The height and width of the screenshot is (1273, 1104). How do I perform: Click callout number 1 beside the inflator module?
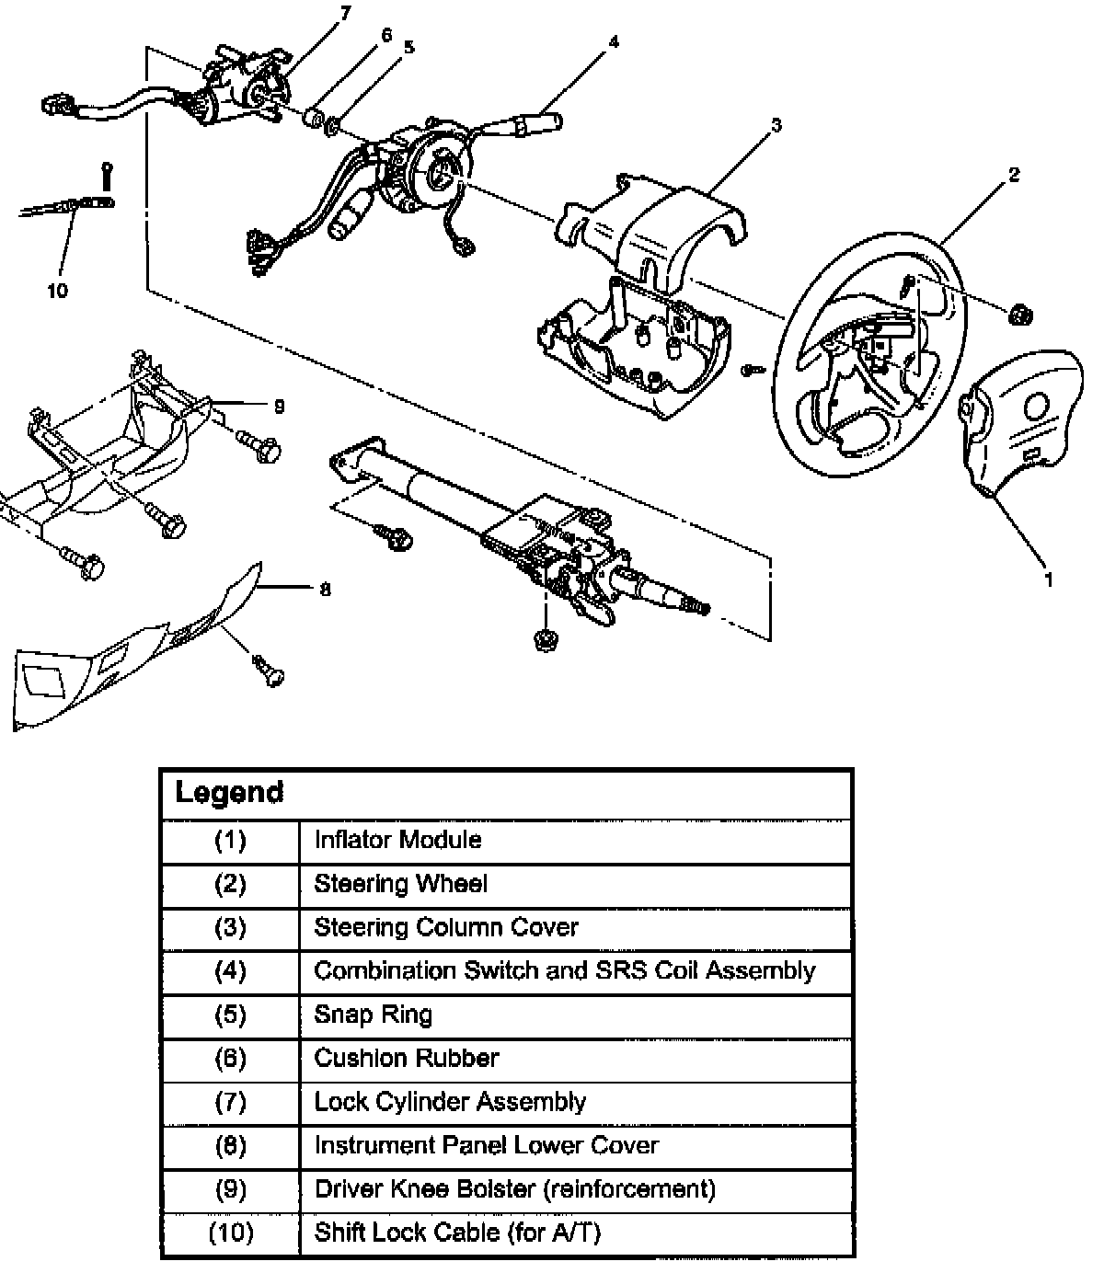1048,579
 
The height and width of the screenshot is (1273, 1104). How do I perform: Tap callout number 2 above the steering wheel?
1014,174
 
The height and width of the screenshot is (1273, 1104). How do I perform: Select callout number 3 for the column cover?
776,124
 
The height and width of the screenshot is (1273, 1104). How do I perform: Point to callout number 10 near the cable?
57,291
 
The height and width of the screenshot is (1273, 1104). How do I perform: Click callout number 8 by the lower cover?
325,590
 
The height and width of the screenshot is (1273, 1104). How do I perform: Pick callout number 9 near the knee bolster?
280,406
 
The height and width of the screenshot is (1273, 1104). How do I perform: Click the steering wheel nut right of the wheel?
1019,315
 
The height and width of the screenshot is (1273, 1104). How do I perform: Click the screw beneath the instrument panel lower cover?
269,672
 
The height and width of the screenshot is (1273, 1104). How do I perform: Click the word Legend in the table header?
229,792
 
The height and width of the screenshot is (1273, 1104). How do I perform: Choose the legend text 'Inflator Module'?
397,840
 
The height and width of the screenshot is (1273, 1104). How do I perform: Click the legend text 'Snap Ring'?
373,1015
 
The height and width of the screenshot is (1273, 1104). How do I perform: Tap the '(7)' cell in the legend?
230,1102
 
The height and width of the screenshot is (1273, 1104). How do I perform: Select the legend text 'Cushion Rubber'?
406,1058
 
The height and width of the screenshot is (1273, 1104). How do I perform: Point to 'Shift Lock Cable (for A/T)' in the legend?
457,1233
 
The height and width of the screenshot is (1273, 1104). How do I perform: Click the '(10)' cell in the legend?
230,1233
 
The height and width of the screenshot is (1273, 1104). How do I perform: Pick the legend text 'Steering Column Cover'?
446,927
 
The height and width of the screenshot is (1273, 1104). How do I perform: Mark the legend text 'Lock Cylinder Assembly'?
450,1102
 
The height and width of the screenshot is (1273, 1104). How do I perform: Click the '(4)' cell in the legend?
230,970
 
